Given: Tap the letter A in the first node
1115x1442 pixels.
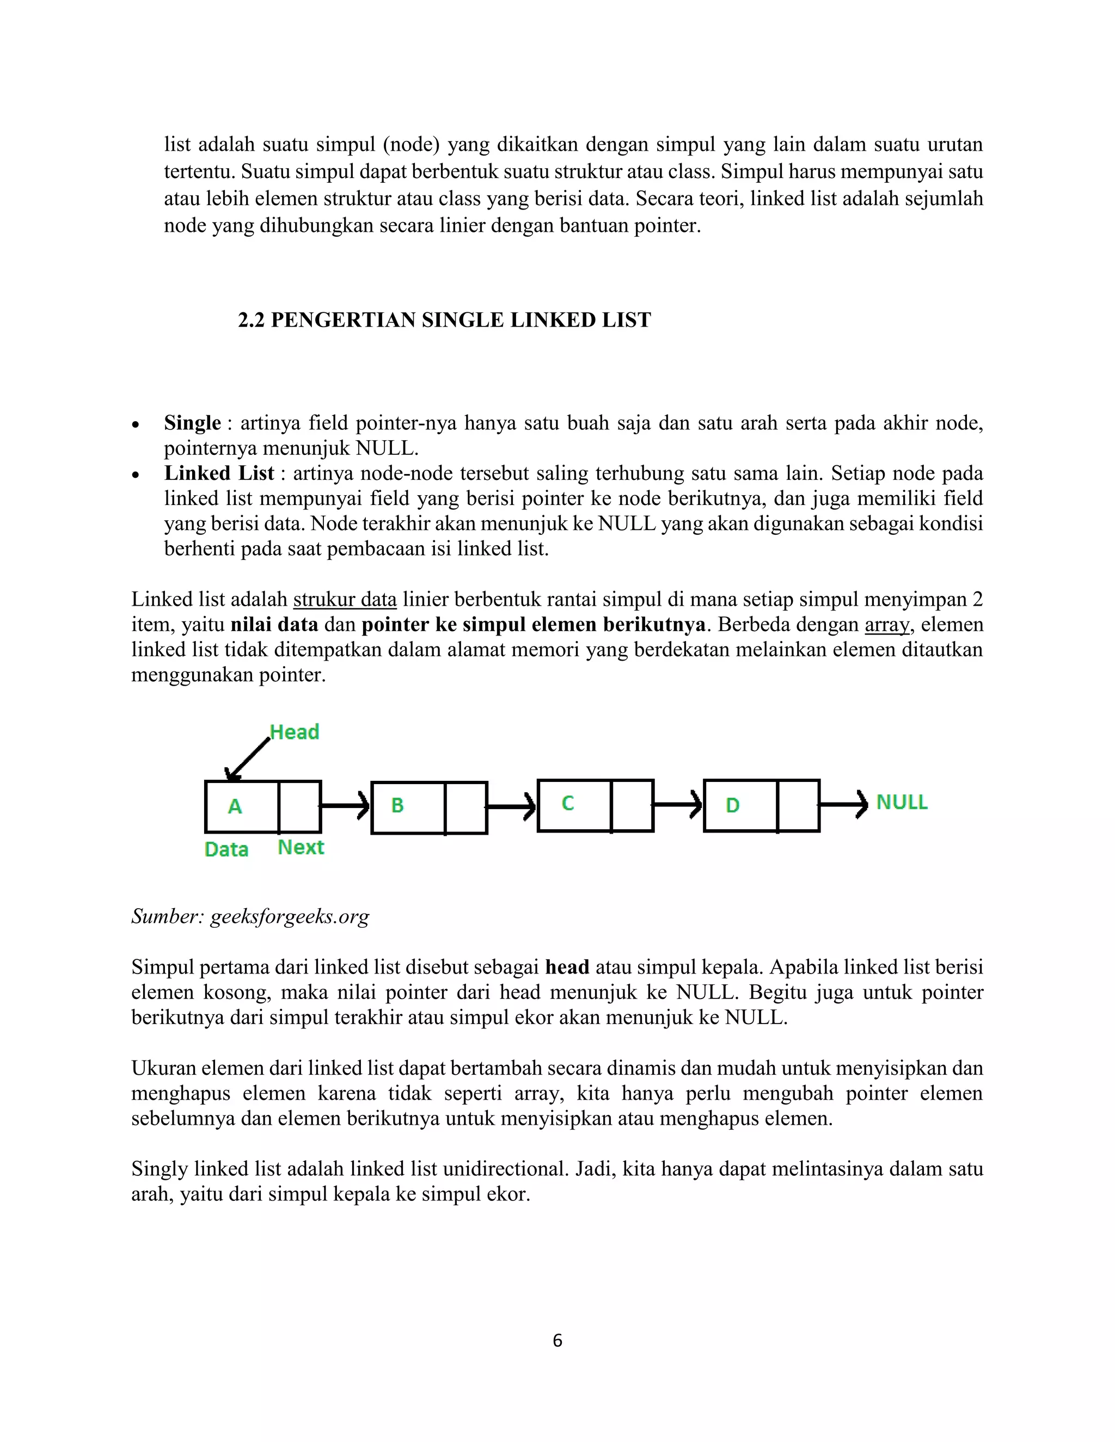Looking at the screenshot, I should coord(235,806).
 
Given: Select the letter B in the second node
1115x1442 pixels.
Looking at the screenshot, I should coord(397,805).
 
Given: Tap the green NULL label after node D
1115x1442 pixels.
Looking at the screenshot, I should coord(901,802).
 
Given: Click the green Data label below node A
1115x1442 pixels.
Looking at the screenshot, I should coord(226,849).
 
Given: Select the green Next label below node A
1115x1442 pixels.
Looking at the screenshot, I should coord(301,847).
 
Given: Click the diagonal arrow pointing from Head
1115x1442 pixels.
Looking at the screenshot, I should coord(248,759).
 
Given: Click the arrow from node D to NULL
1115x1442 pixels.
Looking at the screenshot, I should coord(843,804).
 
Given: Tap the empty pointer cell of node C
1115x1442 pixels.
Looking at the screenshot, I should coord(632,805).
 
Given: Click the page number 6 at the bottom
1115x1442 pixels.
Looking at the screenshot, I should coord(557,1340).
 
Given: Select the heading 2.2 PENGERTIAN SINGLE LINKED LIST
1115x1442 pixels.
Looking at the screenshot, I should coord(444,320).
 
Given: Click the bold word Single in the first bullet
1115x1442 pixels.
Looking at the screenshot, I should coord(192,423).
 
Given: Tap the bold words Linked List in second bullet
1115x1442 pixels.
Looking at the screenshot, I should coord(219,473).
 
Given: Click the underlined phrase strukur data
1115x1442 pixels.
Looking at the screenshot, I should coord(345,600).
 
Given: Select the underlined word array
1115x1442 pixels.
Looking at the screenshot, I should coord(887,625).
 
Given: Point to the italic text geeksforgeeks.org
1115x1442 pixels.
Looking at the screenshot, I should coord(289,916).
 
